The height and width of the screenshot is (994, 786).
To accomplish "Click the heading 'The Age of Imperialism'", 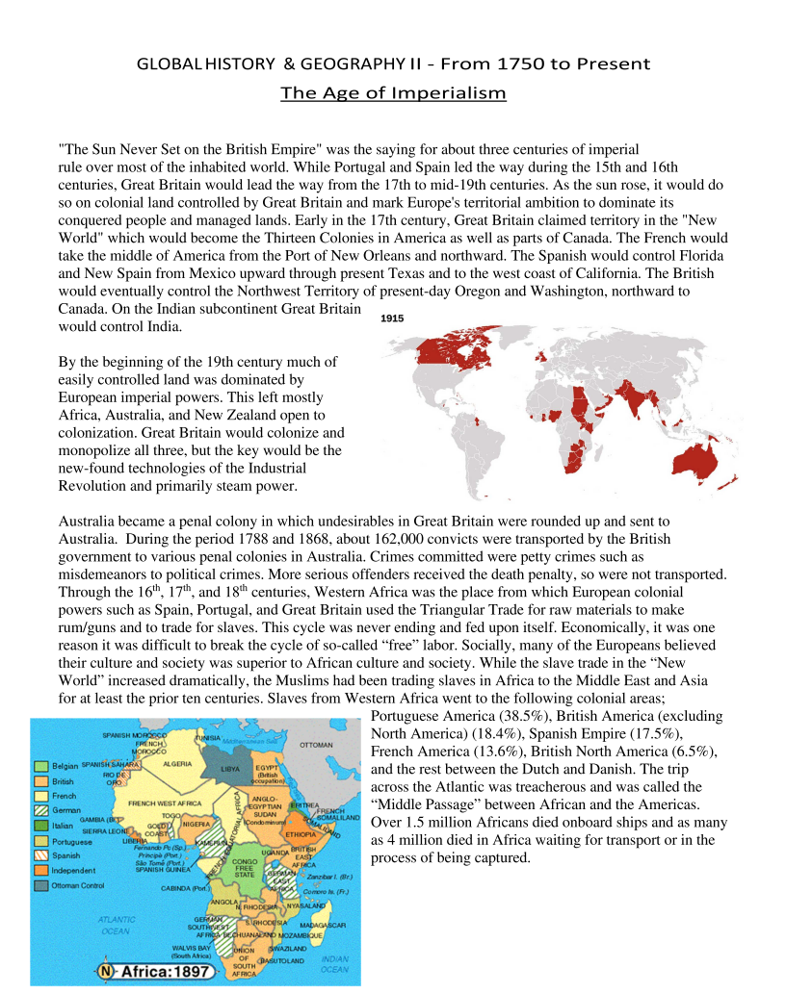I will tap(393, 93).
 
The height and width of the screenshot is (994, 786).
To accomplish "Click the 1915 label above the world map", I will tap(392, 318).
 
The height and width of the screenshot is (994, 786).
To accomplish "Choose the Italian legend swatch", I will tap(41, 826).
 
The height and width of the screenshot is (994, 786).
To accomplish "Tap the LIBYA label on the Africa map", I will tap(232, 769).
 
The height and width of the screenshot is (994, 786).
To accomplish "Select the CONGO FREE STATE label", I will tap(246, 868).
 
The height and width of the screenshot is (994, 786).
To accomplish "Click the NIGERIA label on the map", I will tap(196, 824).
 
